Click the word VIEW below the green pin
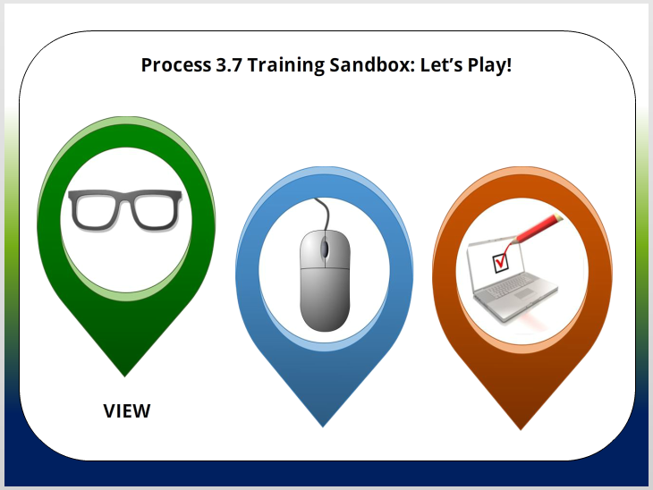pyautogui.click(x=127, y=411)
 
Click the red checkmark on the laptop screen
pyautogui.click(x=501, y=261)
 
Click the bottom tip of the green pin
pyautogui.click(x=125, y=375)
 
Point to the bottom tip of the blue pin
pyautogui.click(x=324, y=426)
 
